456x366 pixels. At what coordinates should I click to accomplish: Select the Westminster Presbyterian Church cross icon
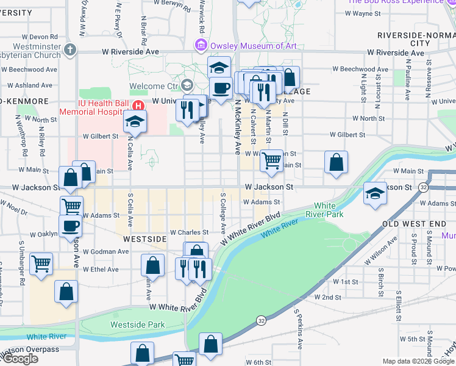pyautogui.click(x=71, y=49)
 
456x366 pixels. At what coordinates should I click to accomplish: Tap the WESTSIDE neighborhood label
pyautogui.click(x=144, y=239)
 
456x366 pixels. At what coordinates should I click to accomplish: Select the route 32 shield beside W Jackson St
pyautogui.click(x=423, y=188)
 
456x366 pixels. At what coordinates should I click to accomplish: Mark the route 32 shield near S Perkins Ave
pyautogui.click(x=261, y=320)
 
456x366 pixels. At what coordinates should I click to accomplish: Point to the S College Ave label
pyautogui.click(x=223, y=216)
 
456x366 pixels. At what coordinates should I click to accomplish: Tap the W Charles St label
pyautogui.click(x=189, y=232)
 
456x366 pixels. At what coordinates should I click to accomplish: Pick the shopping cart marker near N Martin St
pyautogui.click(x=271, y=161)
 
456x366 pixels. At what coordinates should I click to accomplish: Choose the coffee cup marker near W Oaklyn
pyautogui.click(x=71, y=226)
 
